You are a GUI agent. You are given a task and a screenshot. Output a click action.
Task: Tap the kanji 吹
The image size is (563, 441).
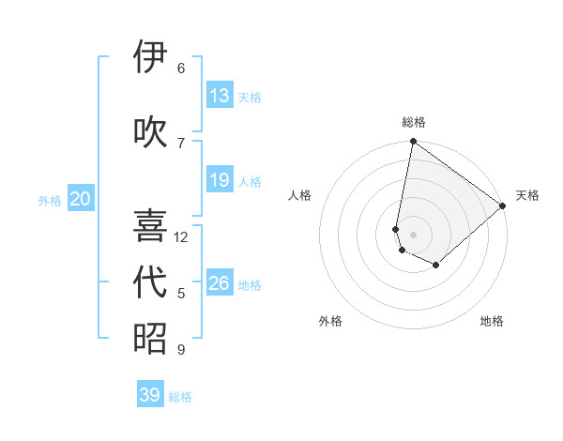[150, 130]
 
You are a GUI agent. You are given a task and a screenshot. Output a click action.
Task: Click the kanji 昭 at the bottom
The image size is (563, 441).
[150, 338]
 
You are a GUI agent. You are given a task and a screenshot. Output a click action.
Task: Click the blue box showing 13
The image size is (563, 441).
[220, 96]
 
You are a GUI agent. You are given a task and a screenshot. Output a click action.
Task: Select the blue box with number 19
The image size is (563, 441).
[220, 180]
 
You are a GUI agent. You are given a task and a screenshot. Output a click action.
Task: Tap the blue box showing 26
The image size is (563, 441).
[220, 283]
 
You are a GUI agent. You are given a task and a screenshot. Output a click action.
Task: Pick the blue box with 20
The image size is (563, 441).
[81, 199]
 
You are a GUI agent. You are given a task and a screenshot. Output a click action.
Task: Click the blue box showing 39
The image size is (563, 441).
[150, 395]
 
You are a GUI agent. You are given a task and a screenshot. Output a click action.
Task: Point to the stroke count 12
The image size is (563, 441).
[181, 237]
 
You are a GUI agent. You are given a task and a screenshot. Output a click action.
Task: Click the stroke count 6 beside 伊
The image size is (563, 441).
[181, 68]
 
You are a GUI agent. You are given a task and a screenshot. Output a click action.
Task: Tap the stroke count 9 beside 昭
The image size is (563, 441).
[181, 350]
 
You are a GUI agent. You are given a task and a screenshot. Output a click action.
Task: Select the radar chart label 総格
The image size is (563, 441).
[414, 122]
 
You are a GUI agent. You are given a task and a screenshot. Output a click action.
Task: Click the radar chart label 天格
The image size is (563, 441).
[527, 195]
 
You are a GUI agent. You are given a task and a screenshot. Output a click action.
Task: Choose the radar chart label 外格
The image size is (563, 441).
[330, 321]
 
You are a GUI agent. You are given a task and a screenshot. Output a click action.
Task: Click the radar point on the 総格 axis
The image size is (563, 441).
[413, 143]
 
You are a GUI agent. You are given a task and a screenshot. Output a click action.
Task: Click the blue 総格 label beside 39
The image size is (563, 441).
[180, 397]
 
